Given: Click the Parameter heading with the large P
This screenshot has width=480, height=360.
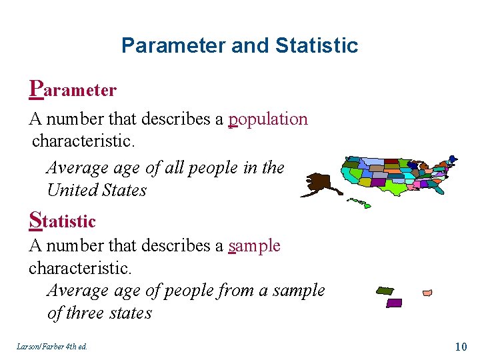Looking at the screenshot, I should click(73, 89).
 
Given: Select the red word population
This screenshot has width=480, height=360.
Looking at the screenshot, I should click(268, 119).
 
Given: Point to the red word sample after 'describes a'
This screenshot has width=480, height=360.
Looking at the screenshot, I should click(254, 246).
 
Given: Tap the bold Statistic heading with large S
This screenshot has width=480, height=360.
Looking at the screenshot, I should click(63, 220).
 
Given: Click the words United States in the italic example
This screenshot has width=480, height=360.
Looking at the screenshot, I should click(97, 191).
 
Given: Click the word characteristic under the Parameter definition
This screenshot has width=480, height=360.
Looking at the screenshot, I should click(83, 141).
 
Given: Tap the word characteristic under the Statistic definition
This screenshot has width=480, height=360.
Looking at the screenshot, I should click(80, 268).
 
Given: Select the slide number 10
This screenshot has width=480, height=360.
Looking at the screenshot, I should click(460, 346).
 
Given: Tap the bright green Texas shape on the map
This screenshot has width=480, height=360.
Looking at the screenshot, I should click(397, 189).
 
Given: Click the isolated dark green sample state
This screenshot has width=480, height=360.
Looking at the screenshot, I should click(385, 291).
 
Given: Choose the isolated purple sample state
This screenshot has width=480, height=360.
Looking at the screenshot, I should click(394, 303).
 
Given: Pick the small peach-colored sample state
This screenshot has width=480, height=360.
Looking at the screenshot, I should click(427, 293).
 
